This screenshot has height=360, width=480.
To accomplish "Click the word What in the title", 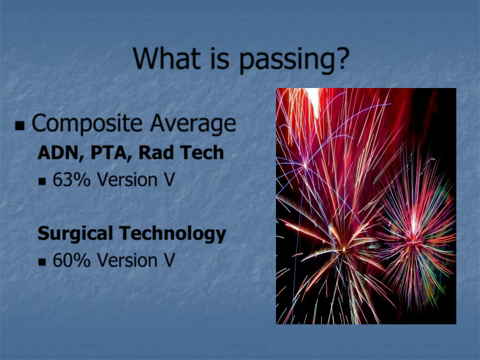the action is click(167, 58).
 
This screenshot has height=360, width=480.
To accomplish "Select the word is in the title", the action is click(220, 58).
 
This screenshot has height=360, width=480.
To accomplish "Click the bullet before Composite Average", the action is click(20, 126).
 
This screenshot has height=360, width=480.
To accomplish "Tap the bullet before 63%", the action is click(42, 181).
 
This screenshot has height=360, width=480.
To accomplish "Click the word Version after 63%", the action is click(127, 179).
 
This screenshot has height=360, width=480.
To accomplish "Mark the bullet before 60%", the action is click(42, 262).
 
